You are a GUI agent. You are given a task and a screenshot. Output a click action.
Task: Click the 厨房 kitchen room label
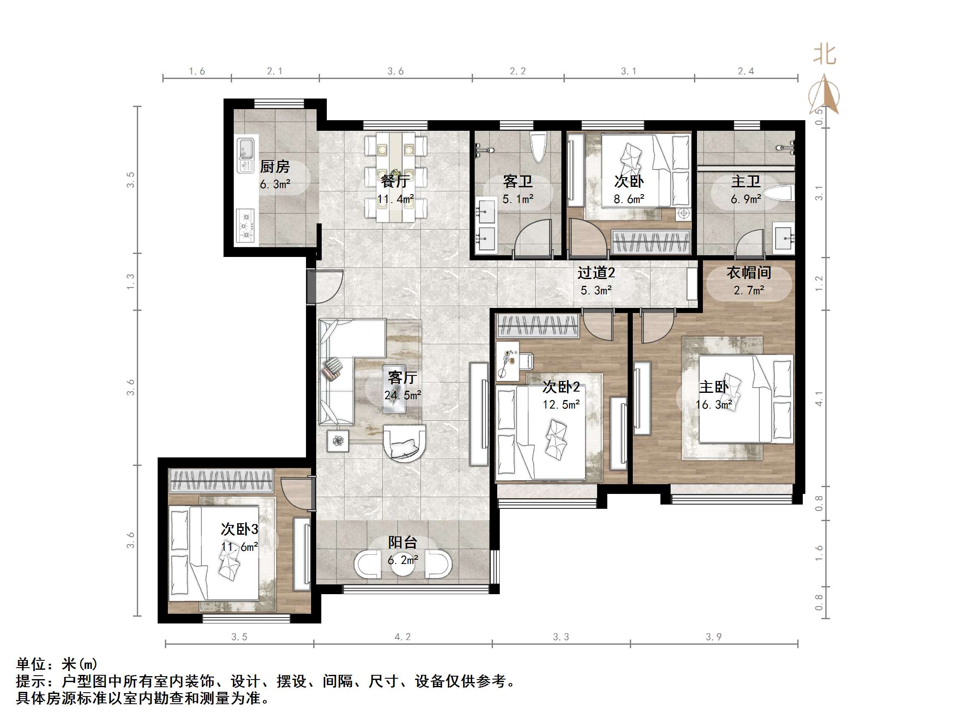(x=275, y=166)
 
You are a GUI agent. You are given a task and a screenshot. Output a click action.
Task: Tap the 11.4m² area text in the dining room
(x=395, y=199)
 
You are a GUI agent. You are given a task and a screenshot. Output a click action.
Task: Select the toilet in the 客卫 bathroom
(x=538, y=147)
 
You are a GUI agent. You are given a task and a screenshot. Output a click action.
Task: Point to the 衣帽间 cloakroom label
(x=748, y=273)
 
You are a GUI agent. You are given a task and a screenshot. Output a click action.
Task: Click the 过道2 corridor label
(x=596, y=273)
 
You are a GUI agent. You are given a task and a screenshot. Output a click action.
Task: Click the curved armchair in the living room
(x=404, y=443)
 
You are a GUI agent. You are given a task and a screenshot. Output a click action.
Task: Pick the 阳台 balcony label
(x=403, y=542)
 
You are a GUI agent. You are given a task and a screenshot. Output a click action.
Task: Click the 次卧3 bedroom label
(x=239, y=529)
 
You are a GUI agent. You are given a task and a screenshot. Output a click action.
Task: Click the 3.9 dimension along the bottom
(x=714, y=637)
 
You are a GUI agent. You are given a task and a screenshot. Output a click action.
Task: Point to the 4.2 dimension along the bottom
(x=402, y=637)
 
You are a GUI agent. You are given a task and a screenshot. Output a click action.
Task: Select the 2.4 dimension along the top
(x=746, y=71)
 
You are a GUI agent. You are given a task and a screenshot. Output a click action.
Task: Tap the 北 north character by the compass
(x=824, y=55)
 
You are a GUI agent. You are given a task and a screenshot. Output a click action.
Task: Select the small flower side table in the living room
(x=338, y=441)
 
